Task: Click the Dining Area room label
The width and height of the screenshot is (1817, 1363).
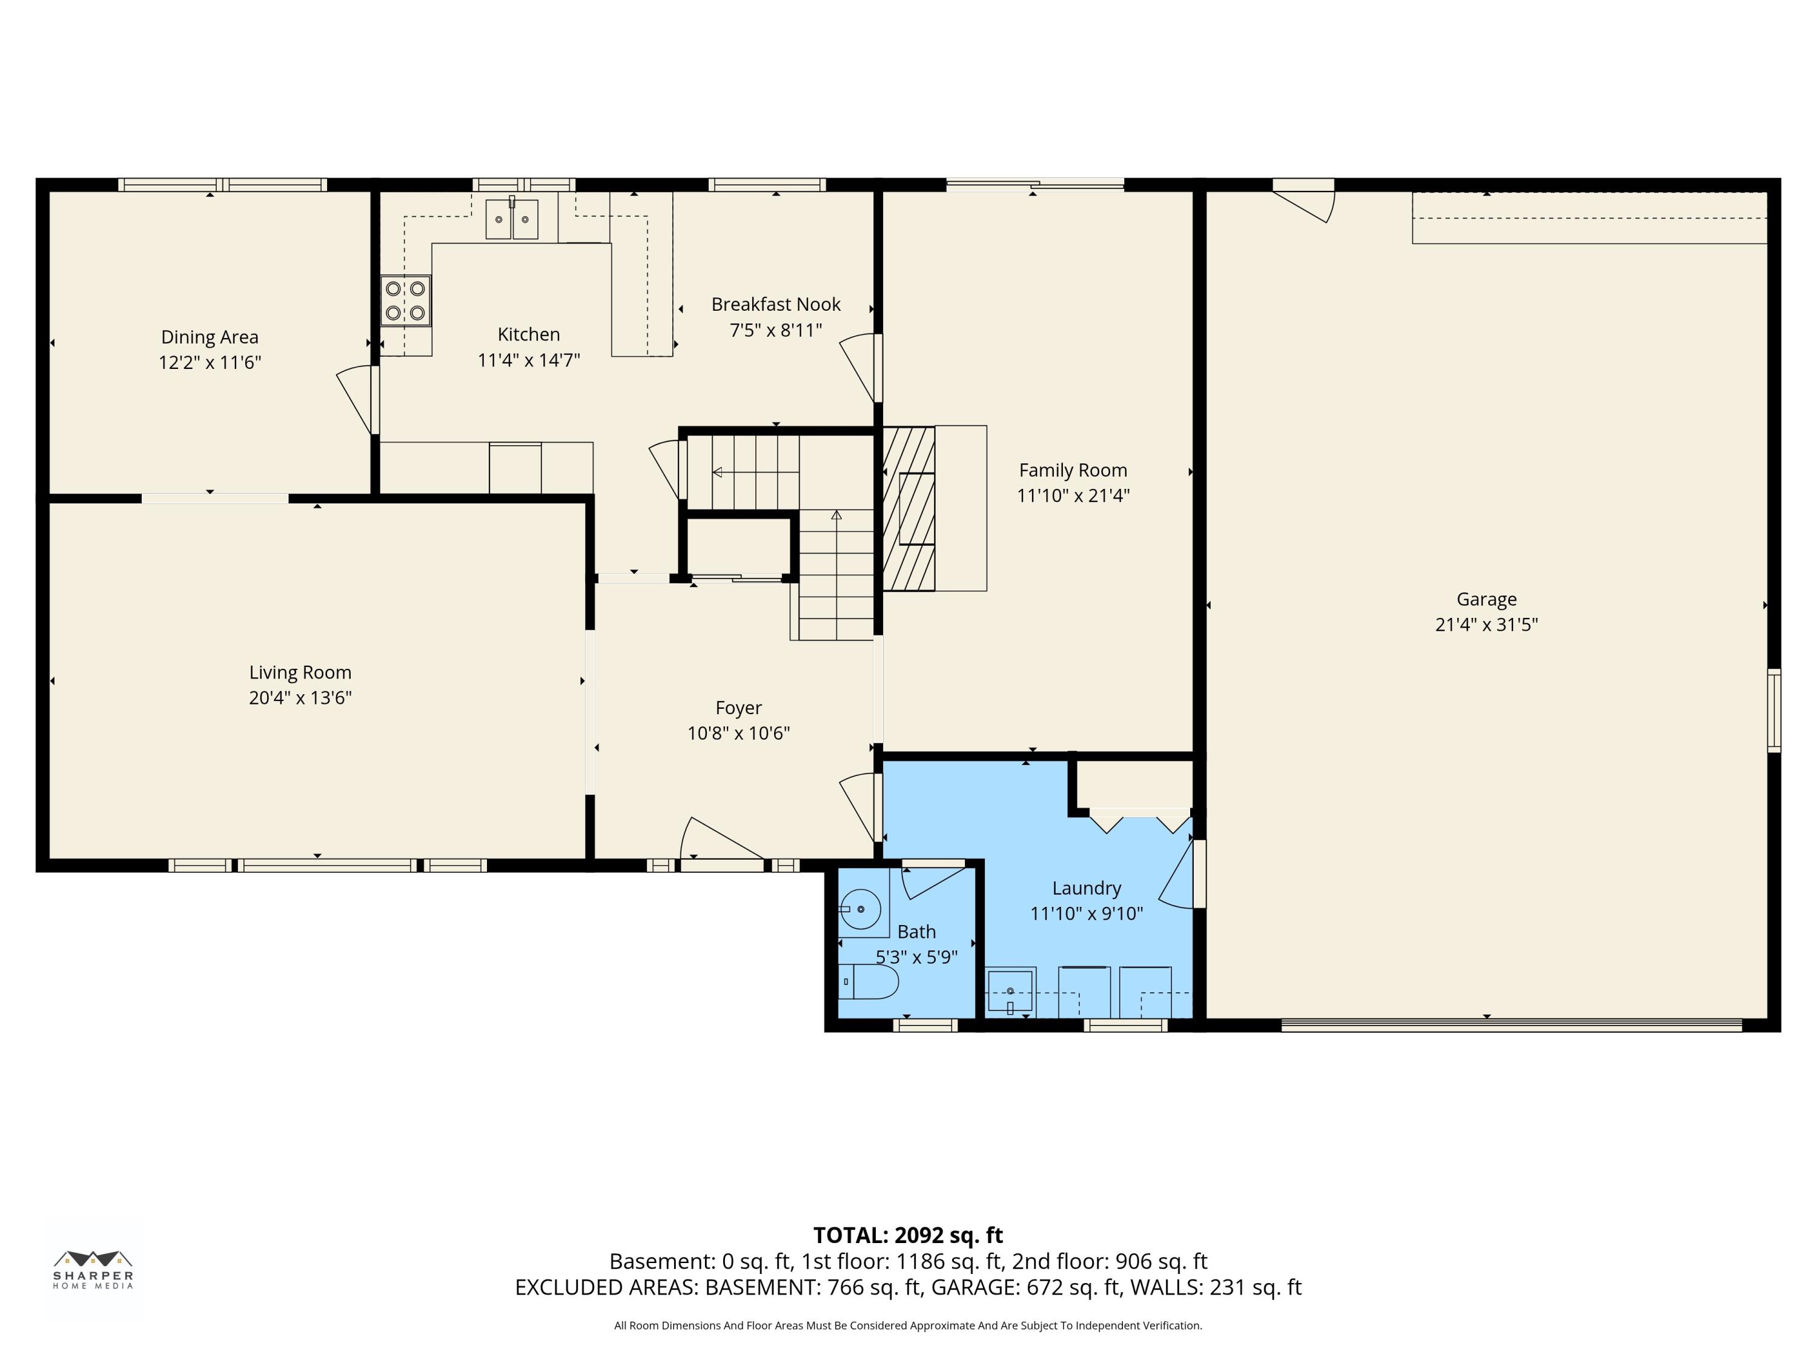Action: pyautogui.click(x=210, y=337)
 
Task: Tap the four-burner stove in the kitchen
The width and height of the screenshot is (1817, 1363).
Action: pyautogui.click(x=406, y=300)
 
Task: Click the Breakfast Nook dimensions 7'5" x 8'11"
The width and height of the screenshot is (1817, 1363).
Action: pyautogui.click(x=775, y=330)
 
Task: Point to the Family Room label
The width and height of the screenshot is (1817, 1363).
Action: pyautogui.click(x=1073, y=470)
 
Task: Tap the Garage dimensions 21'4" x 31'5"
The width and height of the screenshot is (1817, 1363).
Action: pyautogui.click(x=1486, y=625)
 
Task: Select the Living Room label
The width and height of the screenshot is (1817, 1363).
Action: pyautogui.click(x=300, y=672)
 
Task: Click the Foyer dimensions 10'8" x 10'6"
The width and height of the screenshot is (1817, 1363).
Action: pyautogui.click(x=738, y=733)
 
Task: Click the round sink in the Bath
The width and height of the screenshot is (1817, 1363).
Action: pyautogui.click(x=860, y=909)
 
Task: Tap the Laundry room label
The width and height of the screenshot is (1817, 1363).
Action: pyautogui.click(x=1086, y=888)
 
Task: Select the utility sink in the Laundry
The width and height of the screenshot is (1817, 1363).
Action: pyautogui.click(x=1010, y=992)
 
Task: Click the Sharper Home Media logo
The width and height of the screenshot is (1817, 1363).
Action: pyautogui.click(x=93, y=1269)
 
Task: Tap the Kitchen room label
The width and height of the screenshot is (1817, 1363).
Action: pyautogui.click(x=528, y=334)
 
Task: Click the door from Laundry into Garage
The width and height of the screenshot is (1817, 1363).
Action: pyautogui.click(x=1180, y=874)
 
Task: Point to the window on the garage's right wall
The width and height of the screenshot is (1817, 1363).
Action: pyautogui.click(x=1774, y=711)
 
